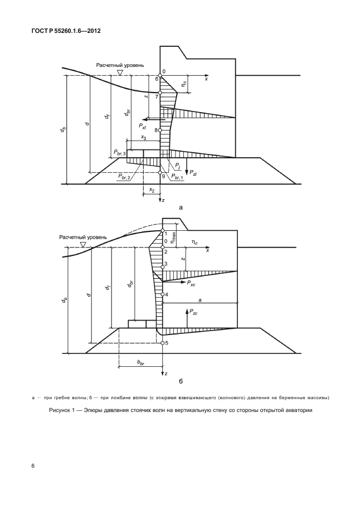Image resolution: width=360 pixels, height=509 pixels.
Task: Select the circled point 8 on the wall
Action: tap(160, 130)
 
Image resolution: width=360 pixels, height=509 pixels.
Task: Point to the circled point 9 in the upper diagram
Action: tap(161, 174)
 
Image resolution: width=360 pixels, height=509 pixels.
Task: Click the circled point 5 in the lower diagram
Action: tap(162, 343)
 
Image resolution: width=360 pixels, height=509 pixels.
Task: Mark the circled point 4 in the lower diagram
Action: tap(162, 294)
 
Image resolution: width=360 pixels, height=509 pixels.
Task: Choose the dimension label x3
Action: tap(144, 137)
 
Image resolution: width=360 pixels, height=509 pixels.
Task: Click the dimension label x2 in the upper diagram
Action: tap(151, 190)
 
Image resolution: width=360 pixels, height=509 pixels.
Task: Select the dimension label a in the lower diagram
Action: tap(200, 299)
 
